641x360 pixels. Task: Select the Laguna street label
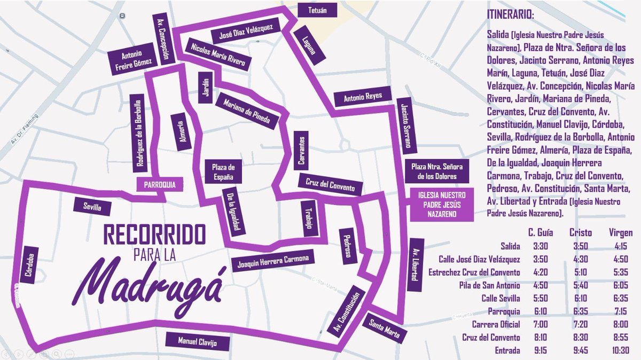pos(306,46)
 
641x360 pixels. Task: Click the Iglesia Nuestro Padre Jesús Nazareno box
pos(442,205)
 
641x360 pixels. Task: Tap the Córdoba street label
pos(29,265)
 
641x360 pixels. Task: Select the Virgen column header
pos(621,233)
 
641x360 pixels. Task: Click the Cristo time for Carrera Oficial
pos(580,325)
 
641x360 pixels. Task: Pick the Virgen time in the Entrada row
pos(621,350)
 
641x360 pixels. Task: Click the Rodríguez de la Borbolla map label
pos(140,134)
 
